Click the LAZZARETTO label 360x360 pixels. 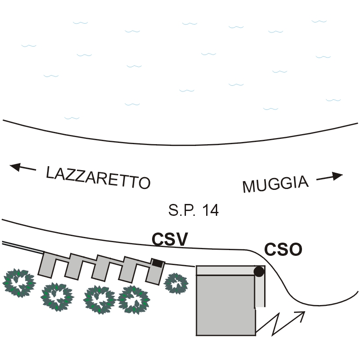98,178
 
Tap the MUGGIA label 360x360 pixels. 275,184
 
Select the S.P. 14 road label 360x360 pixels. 193,210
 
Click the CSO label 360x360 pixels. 284,250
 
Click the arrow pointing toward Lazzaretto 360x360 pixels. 23,167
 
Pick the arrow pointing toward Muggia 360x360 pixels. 329,177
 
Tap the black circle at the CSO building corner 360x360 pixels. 259,272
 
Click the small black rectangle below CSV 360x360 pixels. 157,263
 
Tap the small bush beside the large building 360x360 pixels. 176,283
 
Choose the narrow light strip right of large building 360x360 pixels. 260,292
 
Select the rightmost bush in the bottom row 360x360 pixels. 135,300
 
